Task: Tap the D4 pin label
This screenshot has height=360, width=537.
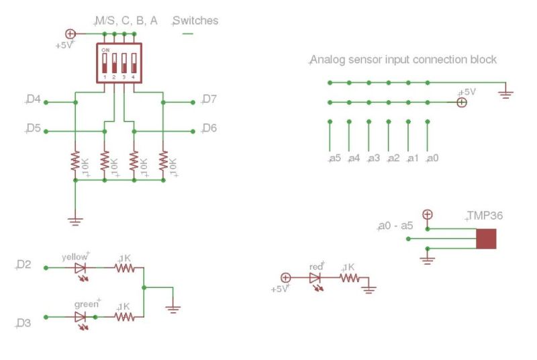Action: [x=34, y=100]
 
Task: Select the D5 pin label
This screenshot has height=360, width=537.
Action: [x=34, y=128]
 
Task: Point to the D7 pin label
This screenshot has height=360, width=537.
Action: [x=209, y=100]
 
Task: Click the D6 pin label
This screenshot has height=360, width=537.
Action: [x=209, y=128]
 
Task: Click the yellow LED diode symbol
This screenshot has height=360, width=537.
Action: [x=81, y=268]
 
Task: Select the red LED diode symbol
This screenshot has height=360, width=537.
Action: [x=315, y=277]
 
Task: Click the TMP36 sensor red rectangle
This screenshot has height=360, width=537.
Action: [x=486, y=238]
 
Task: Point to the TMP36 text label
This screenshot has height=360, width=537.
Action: [x=485, y=216]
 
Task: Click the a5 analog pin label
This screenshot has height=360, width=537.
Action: [x=335, y=159]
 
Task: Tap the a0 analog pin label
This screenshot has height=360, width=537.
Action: [x=433, y=159]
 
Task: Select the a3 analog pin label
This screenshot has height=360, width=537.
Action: [x=374, y=159]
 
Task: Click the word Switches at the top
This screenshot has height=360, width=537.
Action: [x=196, y=21]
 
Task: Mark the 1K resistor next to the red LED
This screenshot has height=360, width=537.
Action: [x=350, y=277]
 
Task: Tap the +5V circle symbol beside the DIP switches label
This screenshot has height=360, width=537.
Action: [x=69, y=34]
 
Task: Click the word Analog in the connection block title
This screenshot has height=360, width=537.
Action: [x=326, y=60]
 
